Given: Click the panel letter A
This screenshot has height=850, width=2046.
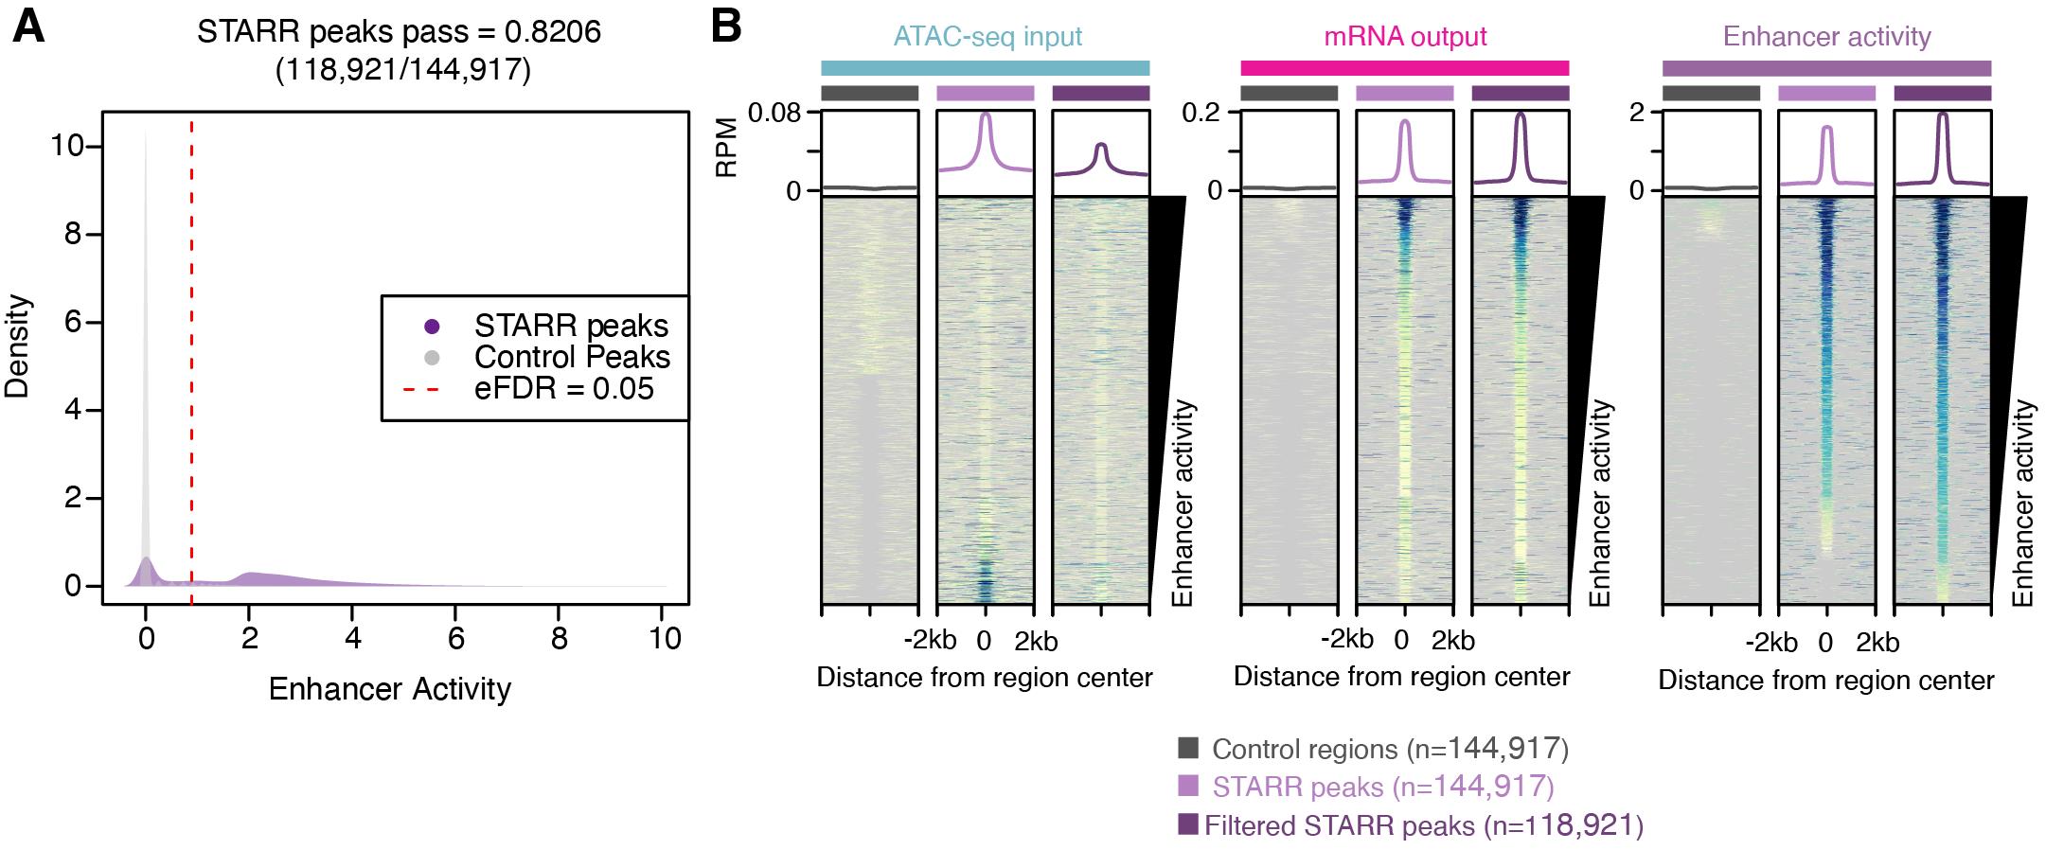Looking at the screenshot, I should [28, 27].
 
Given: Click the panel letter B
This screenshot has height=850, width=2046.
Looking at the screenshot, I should [725, 27].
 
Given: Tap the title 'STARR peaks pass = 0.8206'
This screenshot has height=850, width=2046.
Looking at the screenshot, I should [399, 32].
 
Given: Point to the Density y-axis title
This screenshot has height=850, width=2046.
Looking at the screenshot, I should [19, 347].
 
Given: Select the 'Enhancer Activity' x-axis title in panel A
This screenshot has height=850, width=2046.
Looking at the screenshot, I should [389, 689].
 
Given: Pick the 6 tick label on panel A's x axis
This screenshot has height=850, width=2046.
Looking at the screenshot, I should [456, 639].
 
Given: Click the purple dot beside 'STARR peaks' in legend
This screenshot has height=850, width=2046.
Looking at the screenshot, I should [432, 327].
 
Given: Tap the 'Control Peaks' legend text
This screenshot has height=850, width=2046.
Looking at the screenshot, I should [572, 357].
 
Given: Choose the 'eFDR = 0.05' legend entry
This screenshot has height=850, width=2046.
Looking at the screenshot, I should [563, 388].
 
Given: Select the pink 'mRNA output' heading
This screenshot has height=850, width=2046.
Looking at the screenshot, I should [1405, 37].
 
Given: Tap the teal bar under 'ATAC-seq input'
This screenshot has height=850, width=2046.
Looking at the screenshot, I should [985, 68].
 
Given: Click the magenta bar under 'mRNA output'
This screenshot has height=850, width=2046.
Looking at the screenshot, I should [1405, 68].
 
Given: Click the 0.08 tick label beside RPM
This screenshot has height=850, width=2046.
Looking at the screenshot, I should [774, 114].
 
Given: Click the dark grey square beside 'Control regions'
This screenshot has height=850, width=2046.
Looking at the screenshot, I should [1188, 748].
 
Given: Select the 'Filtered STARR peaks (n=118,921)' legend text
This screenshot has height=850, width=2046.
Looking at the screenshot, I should [1424, 825].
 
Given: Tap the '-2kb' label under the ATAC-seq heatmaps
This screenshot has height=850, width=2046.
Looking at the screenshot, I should [929, 642].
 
